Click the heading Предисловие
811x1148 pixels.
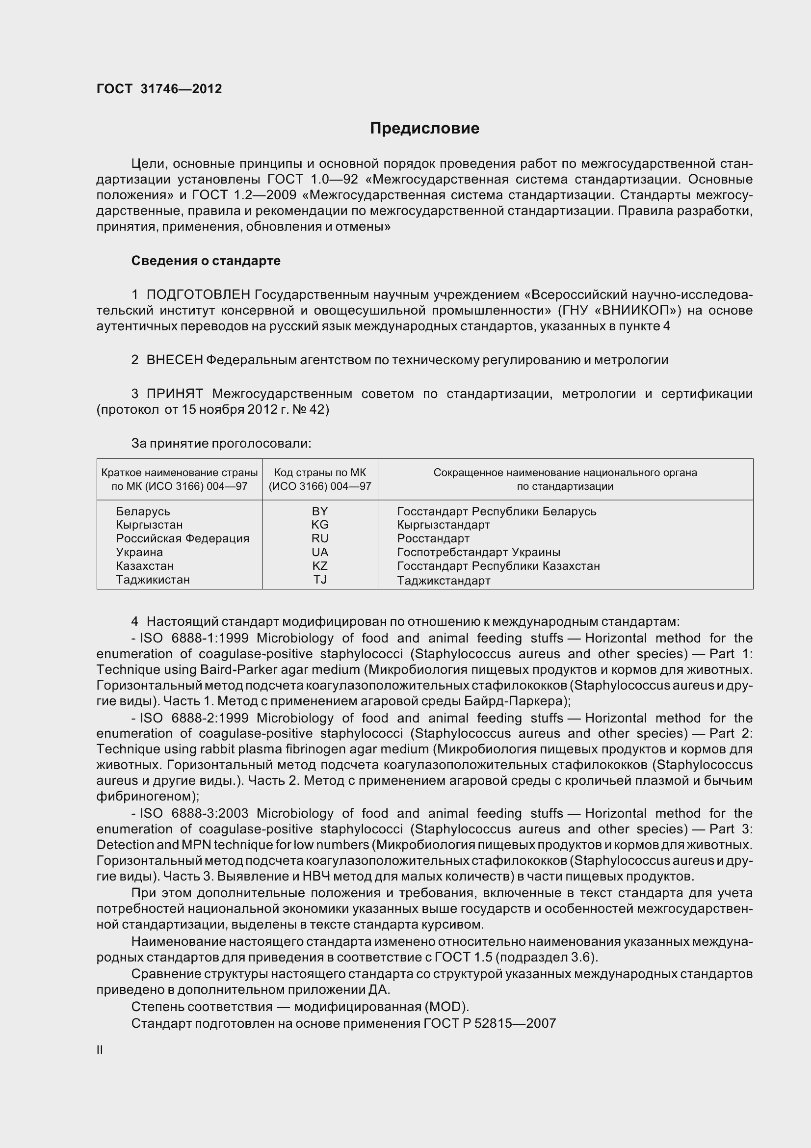point(424,129)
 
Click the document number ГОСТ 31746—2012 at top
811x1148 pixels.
point(159,89)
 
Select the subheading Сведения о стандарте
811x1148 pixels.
point(206,261)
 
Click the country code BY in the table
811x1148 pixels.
point(320,511)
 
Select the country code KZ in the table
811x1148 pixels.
point(320,566)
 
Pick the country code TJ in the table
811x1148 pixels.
point(320,580)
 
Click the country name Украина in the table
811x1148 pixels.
point(139,553)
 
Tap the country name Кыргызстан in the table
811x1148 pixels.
point(149,525)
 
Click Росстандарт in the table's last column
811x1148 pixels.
point(433,539)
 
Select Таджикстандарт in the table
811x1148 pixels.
point(444,581)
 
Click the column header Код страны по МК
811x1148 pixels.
point(320,473)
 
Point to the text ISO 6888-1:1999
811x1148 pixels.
point(194,639)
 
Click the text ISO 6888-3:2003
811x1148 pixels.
point(194,813)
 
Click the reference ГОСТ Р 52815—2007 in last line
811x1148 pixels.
point(489,1023)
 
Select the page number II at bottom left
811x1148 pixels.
point(100,1050)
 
